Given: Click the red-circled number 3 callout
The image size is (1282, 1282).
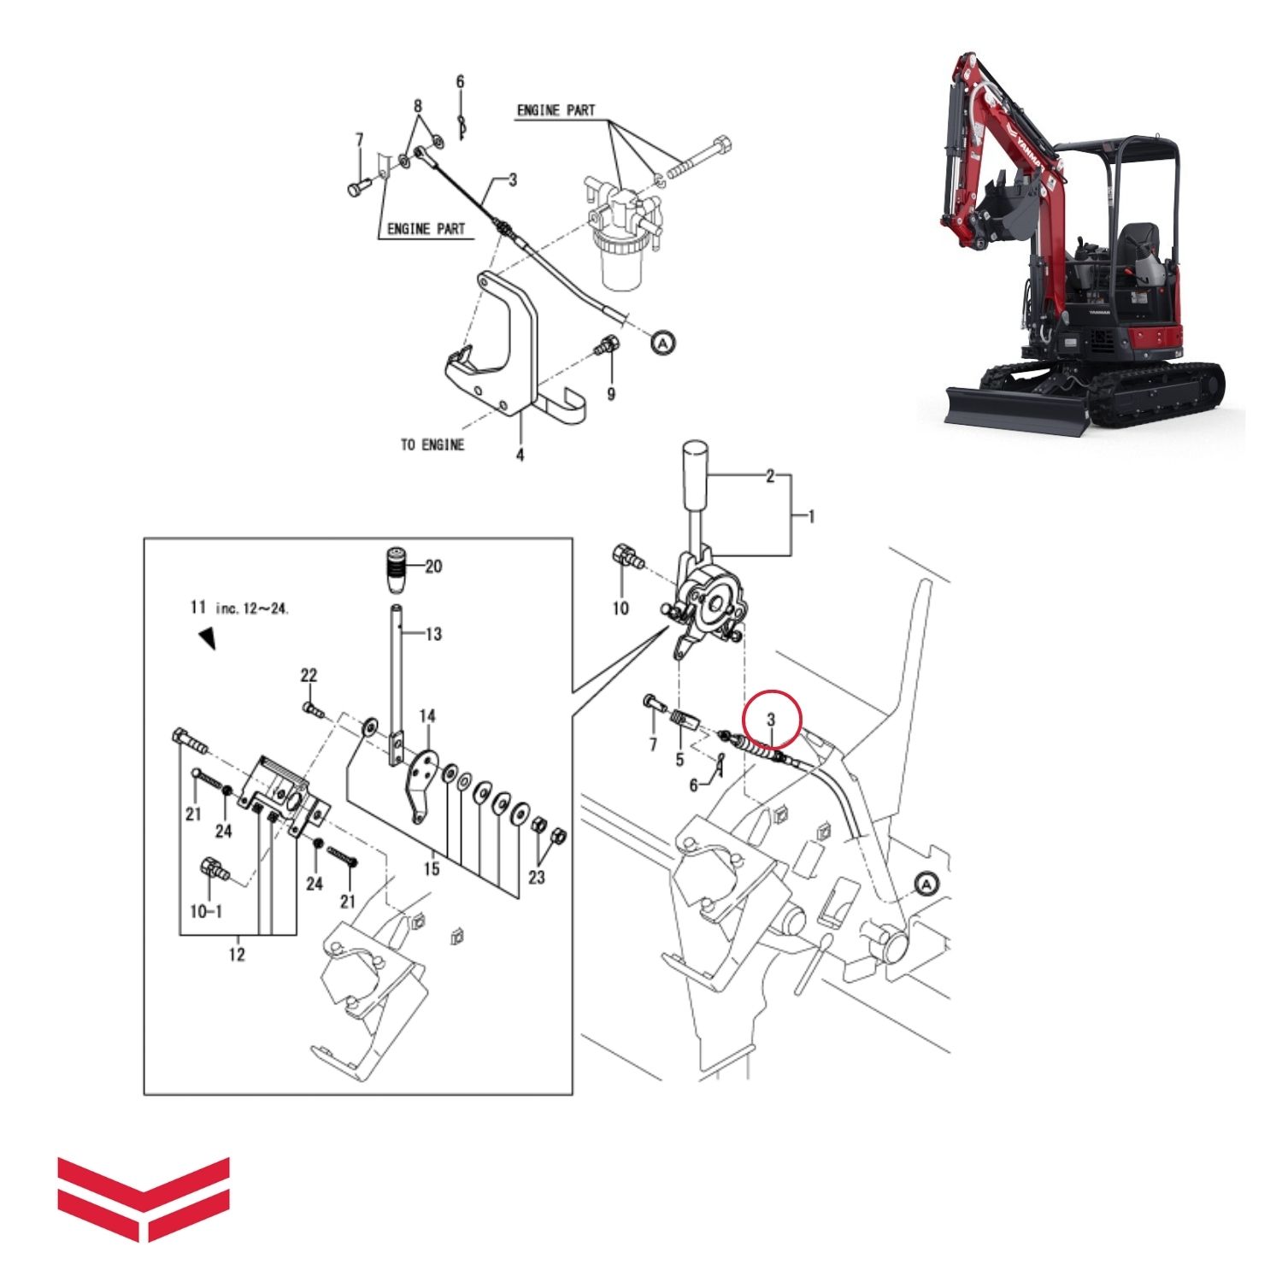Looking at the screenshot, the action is [x=772, y=719].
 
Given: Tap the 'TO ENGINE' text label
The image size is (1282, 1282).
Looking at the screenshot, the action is [x=432, y=444].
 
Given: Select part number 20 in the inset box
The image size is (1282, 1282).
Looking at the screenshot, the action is [x=433, y=566].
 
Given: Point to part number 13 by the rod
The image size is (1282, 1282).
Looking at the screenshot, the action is [x=433, y=634].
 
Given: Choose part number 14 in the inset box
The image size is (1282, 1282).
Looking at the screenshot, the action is [x=427, y=715].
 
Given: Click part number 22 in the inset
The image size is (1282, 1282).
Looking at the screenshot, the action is [x=309, y=675].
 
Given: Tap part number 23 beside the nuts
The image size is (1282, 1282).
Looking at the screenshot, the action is [x=537, y=877].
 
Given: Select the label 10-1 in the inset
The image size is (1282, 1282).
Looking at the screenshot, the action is [x=206, y=911].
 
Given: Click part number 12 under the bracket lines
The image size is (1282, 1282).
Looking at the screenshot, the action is [x=237, y=954].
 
